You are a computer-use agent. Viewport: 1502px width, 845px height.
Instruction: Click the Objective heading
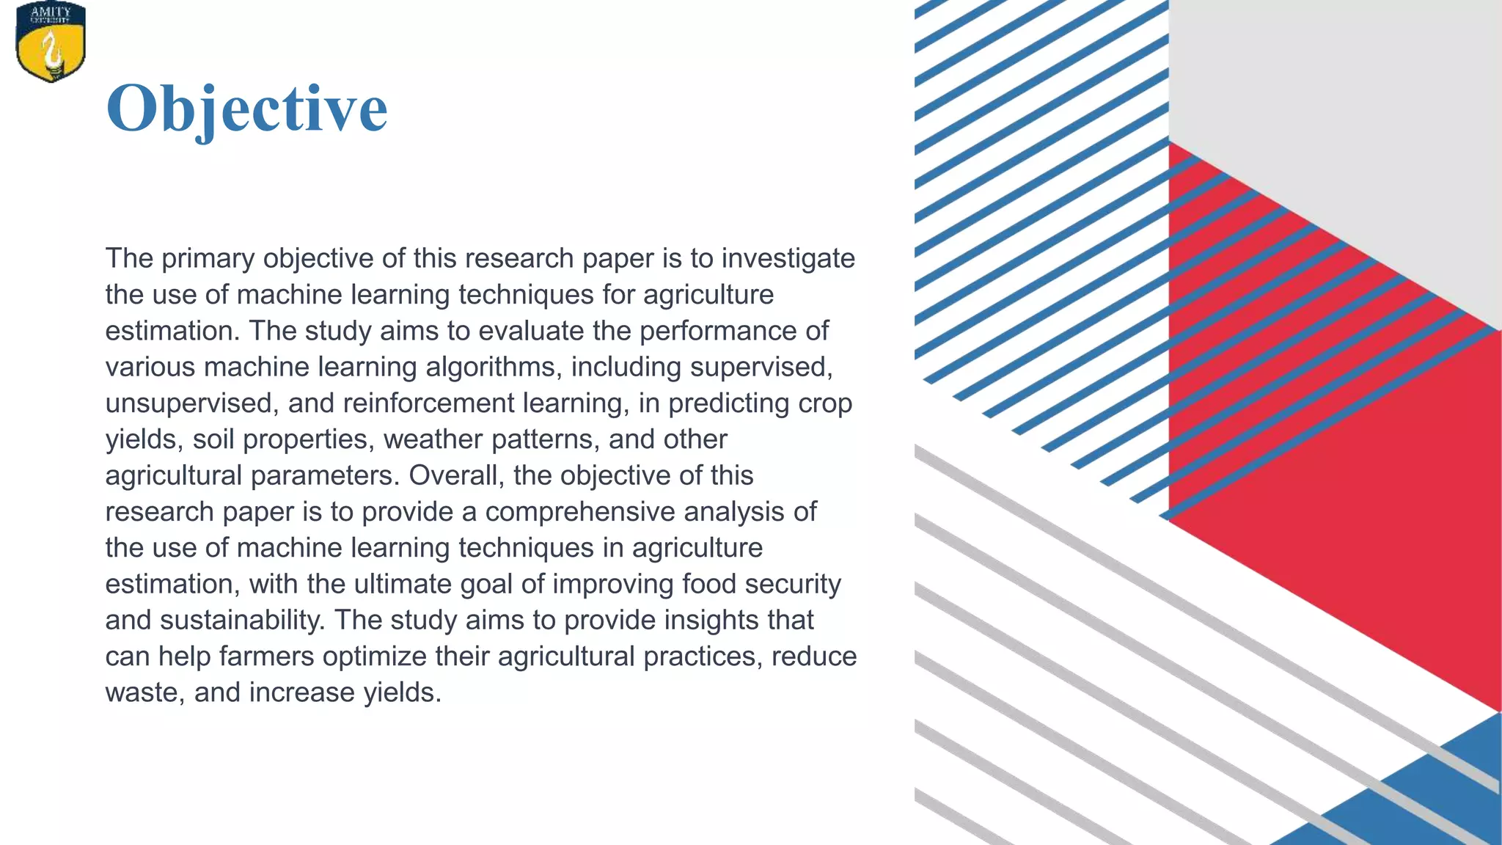[246, 109]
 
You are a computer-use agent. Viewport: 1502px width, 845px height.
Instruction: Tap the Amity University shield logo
[51, 42]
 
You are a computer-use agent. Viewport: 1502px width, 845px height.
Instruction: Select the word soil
[213, 439]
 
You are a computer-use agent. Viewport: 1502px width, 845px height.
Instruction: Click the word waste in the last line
[144, 692]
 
